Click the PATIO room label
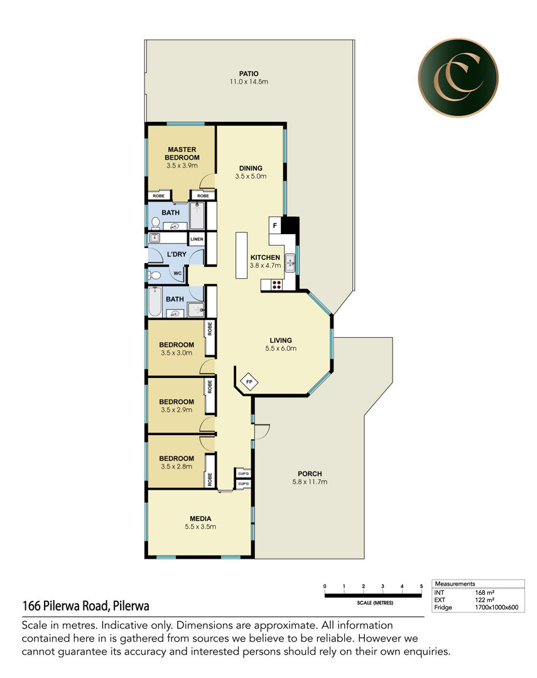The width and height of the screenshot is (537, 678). coord(249,74)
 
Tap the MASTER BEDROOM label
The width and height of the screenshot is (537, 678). coord(182,154)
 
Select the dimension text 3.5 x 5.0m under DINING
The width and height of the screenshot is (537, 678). coord(251,176)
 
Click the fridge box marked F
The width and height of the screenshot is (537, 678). coord(274,225)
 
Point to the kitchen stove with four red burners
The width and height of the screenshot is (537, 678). coord(276,284)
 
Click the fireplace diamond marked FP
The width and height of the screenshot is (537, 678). coord(249,382)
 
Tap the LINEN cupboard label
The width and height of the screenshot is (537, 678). coord(197,239)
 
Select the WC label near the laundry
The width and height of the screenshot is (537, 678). coord(177,273)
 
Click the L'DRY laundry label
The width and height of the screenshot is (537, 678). coord(176,254)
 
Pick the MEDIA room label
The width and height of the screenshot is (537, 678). coord(200,519)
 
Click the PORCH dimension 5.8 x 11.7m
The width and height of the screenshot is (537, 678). coord(310,482)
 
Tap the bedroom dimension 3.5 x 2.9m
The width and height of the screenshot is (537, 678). coord(176,410)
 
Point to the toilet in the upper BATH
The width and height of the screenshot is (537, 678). coord(155,223)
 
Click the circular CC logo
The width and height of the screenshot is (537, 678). coord(458,77)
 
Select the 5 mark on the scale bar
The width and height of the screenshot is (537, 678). coord(421,586)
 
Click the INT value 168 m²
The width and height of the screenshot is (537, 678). coord(485,593)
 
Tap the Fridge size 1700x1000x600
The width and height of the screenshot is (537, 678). coord(497,607)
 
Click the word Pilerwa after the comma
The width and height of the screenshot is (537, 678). coord(131,606)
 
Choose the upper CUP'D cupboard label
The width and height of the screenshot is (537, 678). coord(244,473)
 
